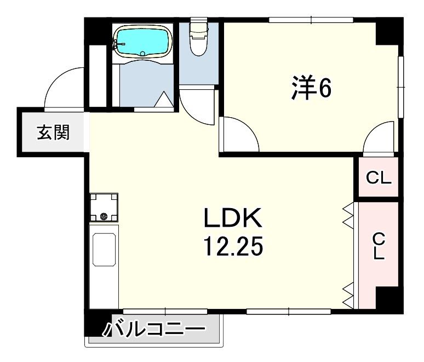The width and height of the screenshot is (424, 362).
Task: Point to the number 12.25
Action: tap(234, 248)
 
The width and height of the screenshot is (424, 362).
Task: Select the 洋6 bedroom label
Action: tap(312, 89)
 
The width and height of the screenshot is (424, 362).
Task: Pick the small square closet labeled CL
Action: tap(379, 177)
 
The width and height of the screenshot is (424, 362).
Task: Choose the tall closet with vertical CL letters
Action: tap(379, 246)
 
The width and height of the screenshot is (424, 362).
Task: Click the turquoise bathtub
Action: tap(144, 42)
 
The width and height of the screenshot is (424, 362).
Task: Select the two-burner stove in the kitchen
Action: tap(104, 207)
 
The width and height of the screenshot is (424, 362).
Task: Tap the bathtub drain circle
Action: tap(144, 53)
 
